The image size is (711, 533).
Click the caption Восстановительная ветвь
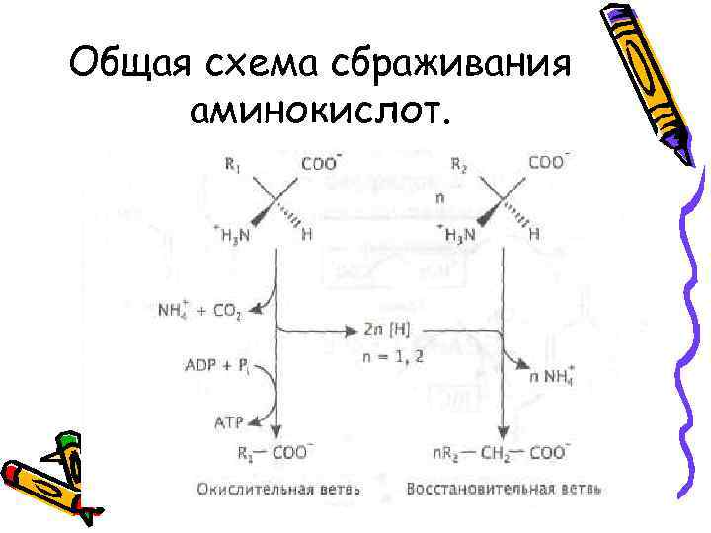[x=504, y=489]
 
